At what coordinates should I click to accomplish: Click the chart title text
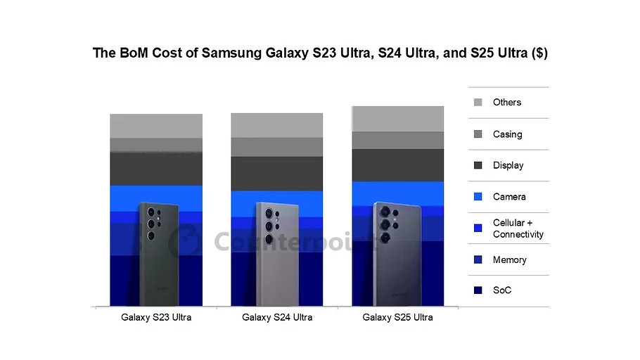320,53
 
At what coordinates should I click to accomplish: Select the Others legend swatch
478,103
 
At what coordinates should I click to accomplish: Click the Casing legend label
507,134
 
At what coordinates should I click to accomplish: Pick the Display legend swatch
478,165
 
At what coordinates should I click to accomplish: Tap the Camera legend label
509,197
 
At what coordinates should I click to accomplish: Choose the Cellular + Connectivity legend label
518,229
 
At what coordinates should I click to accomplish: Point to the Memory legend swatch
478,260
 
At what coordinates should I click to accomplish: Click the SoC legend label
502,290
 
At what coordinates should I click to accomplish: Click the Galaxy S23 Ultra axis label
156,318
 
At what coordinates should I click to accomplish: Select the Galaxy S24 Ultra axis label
277,318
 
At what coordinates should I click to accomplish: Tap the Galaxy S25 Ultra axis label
397,318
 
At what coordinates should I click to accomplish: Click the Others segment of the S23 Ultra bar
156,126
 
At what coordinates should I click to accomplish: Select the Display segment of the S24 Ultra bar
277,174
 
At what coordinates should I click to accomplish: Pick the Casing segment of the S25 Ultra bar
397,141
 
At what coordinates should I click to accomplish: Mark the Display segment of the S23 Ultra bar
156,169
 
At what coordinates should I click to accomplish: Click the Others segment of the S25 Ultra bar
397,119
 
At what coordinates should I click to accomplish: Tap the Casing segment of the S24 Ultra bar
277,147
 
